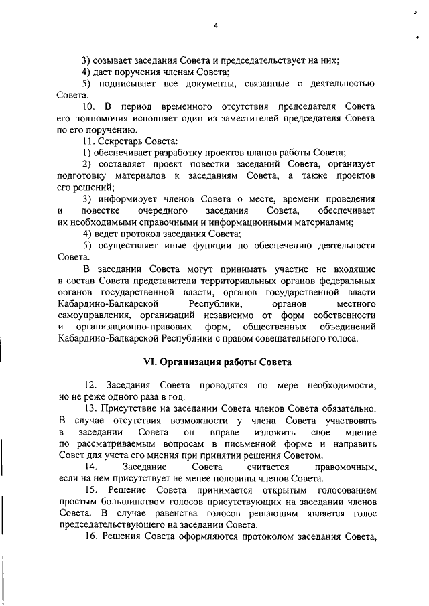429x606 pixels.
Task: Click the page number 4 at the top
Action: click(x=216, y=26)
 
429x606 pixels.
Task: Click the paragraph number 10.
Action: click(x=90, y=106)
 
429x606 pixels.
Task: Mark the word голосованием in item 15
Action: click(x=345, y=490)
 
